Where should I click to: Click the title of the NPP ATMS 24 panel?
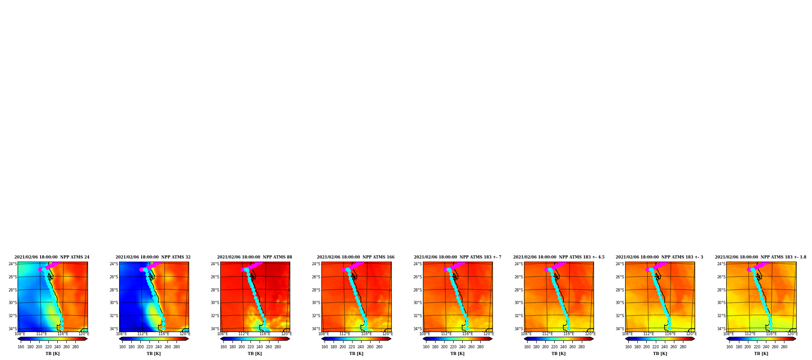point(52,257)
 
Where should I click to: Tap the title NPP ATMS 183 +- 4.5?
point(559,257)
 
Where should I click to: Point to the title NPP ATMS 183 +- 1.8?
point(761,257)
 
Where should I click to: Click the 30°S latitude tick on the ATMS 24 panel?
point(13,303)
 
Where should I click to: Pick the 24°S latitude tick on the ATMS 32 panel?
point(114,264)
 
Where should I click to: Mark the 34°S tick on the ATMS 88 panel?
point(215,329)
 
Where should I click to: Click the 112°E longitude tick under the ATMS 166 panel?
point(345,334)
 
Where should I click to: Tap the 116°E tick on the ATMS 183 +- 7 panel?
point(468,334)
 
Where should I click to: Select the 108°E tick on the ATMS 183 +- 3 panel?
point(627,334)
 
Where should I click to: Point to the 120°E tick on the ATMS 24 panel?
point(84,334)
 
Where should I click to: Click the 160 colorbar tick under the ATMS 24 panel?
point(21,347)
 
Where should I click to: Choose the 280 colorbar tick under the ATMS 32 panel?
point(176,347)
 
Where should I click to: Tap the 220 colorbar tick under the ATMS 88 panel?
point(251,347)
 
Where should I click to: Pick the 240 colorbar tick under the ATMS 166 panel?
point(361,347)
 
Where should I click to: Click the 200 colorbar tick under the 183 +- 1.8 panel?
point(747,347)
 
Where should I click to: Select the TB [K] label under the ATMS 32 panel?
point(153,354)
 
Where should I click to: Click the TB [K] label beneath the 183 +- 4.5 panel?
point(558,354)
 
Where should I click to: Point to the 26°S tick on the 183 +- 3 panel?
point(620,277)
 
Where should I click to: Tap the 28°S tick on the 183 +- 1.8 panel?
point(721,290)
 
